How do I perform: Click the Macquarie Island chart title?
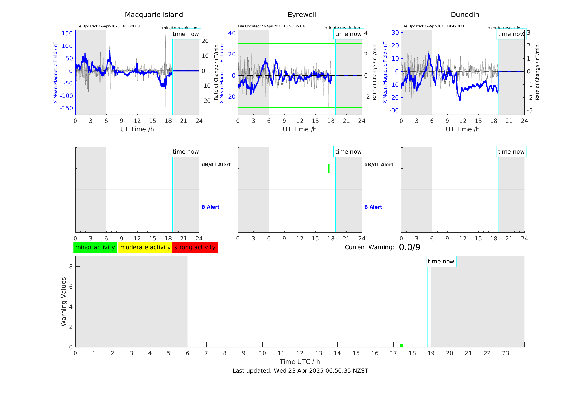point(154,15)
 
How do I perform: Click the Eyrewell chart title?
point(302,15)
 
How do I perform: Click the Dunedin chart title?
point(465,15)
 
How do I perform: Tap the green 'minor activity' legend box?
point(95,247)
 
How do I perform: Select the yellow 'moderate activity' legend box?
point(145,247)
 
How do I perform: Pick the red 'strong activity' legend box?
point(195,247)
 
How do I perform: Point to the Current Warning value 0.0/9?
point(410,247)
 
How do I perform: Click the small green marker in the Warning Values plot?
point(401,345)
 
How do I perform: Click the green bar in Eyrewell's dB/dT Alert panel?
point(328,169)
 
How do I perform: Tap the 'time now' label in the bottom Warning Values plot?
point(441,262)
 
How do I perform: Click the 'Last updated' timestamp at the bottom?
point(300,371)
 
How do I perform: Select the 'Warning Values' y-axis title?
point(64,302)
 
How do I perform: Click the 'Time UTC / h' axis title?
point(300,362)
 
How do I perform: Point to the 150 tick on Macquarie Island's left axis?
point(67,33)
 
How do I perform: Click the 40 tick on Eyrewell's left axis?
point(232,33)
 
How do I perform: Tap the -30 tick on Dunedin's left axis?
point(395,110)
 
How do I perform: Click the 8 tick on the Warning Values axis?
point(71,266)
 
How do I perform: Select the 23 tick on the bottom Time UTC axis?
point(505,353)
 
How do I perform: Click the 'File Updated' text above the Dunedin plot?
point(436,26)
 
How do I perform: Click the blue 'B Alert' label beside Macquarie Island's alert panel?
point(210,207)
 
